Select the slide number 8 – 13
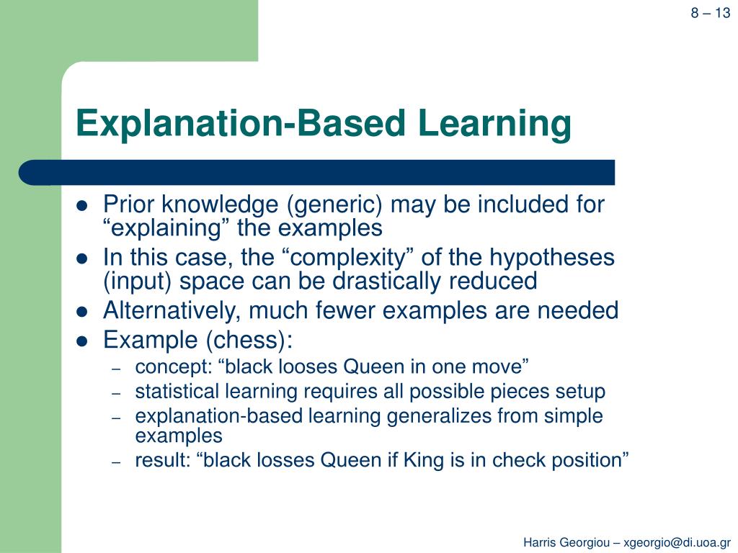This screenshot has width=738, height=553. pyautogui.click(x=711, y=13)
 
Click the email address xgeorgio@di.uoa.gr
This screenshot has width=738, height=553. pyautogui.click(x=677, y=541)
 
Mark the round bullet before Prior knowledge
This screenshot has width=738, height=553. pyautogui.click(x=82, y=205)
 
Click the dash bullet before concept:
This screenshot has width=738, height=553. pyautogui.click(x=116, y=367)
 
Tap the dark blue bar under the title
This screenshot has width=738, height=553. pyautogui.click(x=317, y=173)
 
